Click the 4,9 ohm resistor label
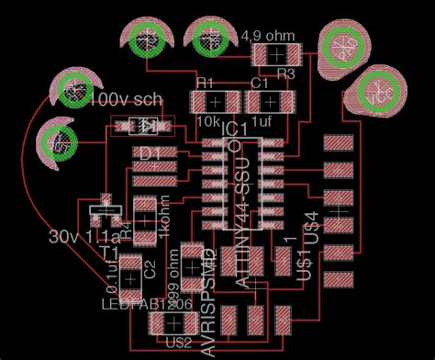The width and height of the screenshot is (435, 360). [268, 37]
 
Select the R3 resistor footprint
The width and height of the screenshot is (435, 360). [276, 56]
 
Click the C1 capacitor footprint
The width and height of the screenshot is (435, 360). [269, 100]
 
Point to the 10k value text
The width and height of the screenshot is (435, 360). [206, 120]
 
